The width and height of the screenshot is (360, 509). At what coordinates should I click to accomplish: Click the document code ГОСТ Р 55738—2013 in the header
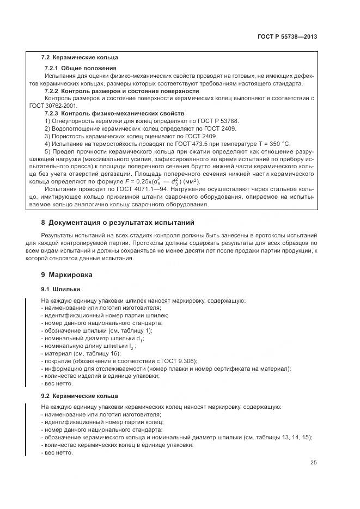287,37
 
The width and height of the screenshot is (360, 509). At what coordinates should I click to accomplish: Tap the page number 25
313,463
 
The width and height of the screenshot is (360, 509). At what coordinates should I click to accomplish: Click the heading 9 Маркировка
67,275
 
